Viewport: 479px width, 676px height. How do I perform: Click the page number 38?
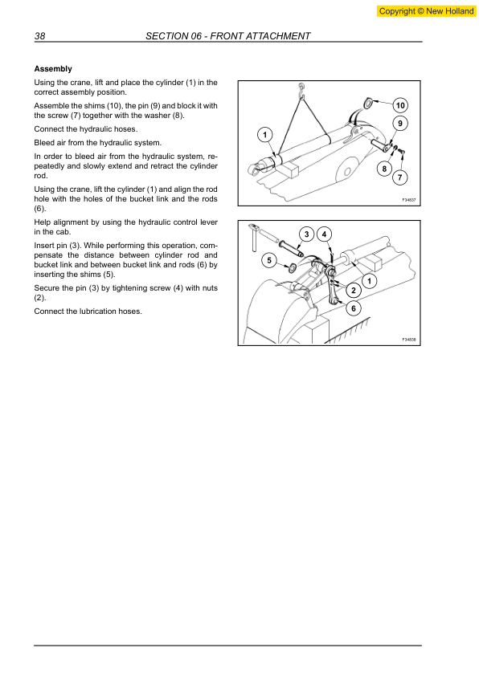(39, 36)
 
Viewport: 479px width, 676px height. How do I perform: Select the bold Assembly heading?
(53, 69)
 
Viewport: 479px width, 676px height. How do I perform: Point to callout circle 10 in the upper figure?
(400, 105)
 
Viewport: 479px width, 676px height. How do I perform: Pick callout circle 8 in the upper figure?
(385, 168)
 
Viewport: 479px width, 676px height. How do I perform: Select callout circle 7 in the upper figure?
(400, 177)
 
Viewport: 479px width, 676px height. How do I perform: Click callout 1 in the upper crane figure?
(266, 132)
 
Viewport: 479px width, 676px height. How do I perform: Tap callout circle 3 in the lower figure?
(306, 234)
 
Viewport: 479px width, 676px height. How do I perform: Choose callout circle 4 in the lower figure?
(325, 234)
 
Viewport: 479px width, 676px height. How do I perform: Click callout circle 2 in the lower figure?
(352, 290)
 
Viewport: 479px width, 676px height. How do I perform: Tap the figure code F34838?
(408, 340)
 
